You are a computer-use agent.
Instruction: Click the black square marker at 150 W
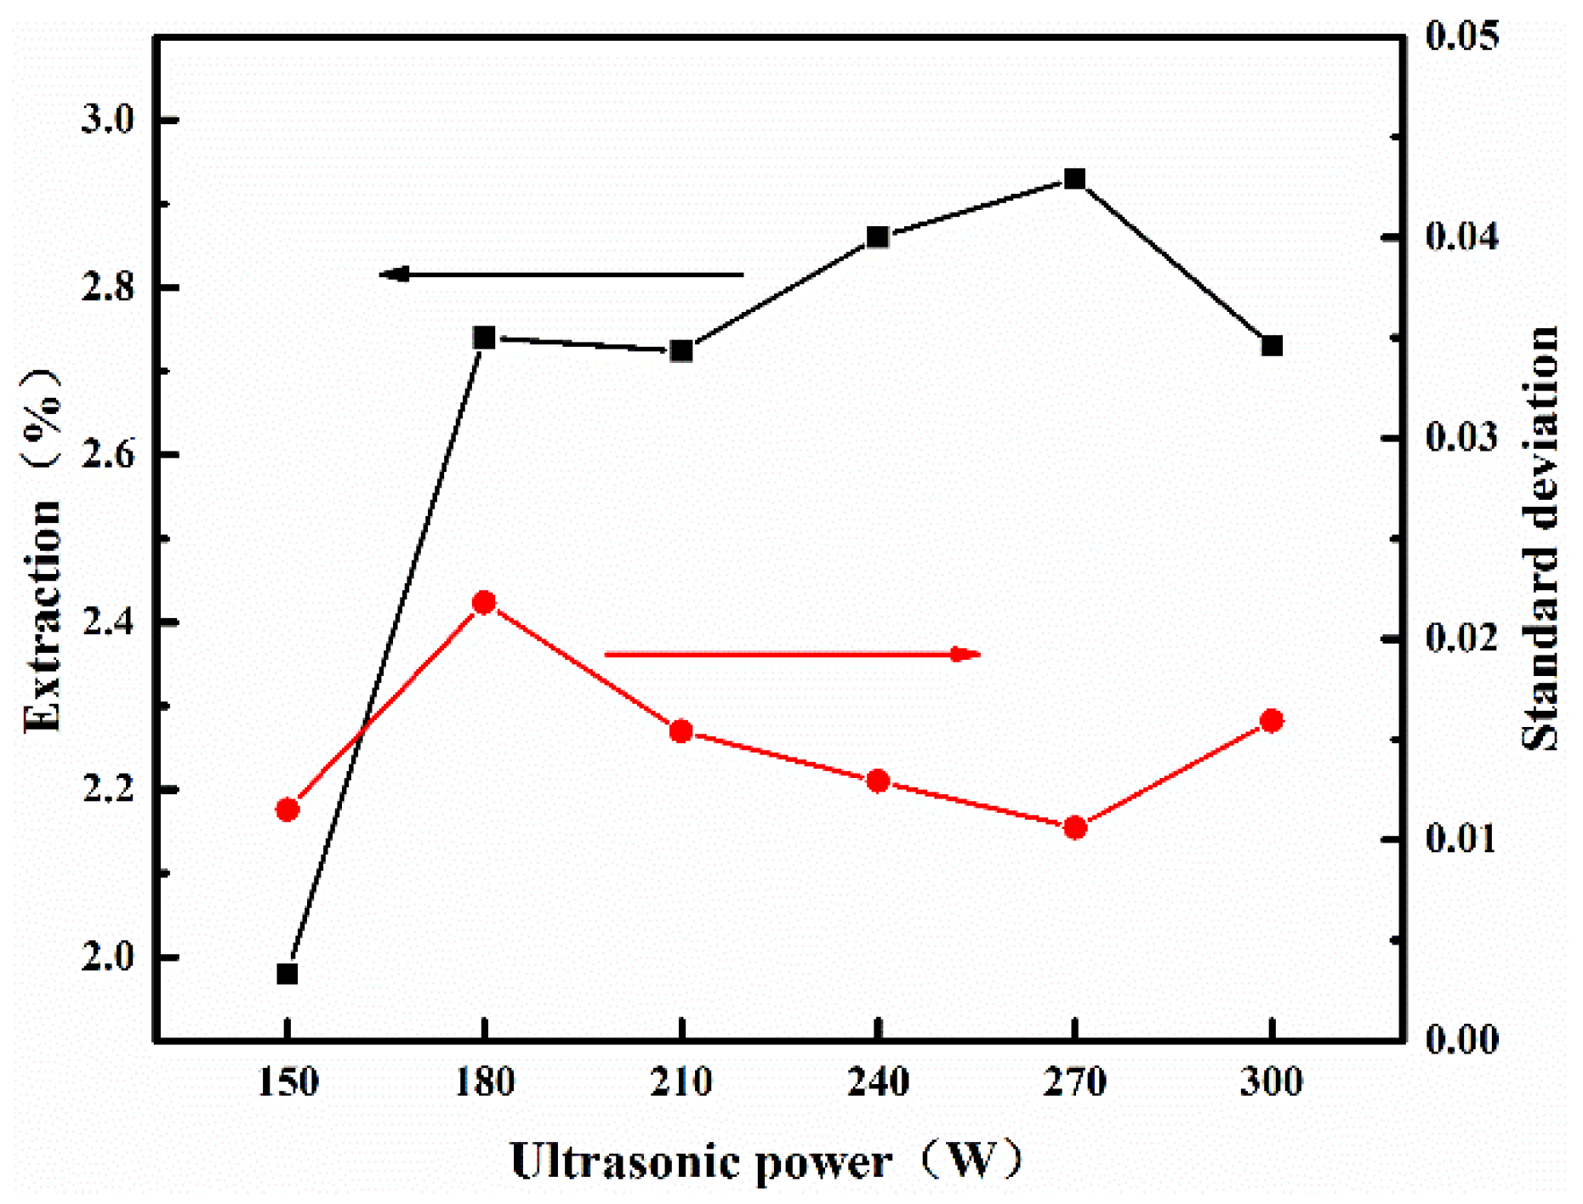point(288,973)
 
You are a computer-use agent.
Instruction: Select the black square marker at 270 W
point(1075,179)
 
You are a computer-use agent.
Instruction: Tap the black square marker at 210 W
point(681,351)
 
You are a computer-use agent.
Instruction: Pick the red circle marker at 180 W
point(484,603)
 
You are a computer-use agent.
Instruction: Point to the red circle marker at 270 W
point(1075,827)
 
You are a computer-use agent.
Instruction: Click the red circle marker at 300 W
point(1272,721)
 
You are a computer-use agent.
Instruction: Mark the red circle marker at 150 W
point(288,809)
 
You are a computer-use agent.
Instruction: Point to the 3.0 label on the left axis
point(108,120)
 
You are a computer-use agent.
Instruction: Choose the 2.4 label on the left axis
point(108,622)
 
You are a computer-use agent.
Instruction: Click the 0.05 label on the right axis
point(1462,37)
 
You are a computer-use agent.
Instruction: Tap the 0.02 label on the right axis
point(1462,639)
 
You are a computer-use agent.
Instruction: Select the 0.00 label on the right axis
point(1462,1039)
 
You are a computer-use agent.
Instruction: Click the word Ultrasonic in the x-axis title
point(624,1161)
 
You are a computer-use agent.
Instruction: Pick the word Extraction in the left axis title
point(43,616)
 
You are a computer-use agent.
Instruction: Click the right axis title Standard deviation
point(1540,537)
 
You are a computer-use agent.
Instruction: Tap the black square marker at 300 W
point(1272,346)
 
